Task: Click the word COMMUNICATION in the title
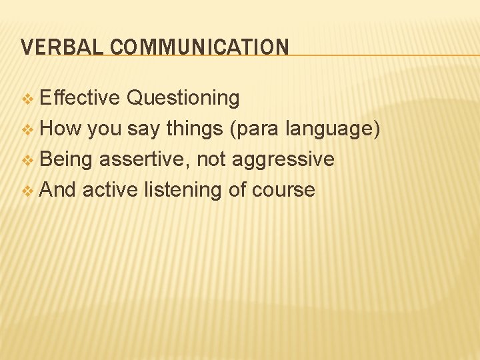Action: tap(199, 47)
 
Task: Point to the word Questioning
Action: tap(183, 98)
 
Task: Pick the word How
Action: tap(61, 128)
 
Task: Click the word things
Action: tap(194, 129)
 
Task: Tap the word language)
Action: tap(333, 129)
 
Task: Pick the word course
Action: tap(283, 190)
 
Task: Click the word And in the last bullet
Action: tap(59, 190)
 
